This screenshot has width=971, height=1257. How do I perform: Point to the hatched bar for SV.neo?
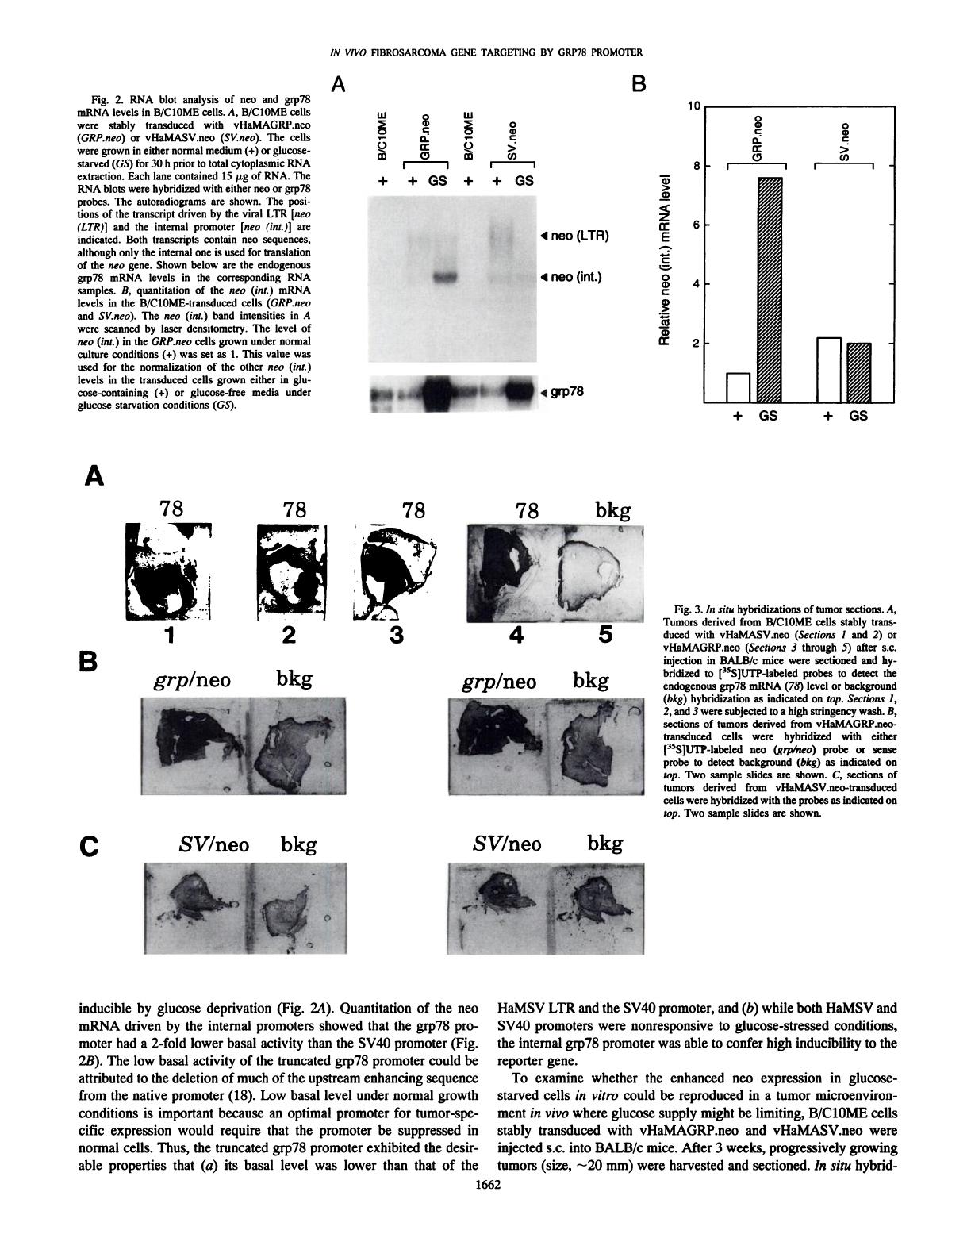coord(858,372)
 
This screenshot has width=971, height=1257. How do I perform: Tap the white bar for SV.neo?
coord(828,370)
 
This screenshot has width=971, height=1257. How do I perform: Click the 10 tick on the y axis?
coord(694,106)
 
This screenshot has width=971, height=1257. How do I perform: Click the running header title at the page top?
coord(485,53)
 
